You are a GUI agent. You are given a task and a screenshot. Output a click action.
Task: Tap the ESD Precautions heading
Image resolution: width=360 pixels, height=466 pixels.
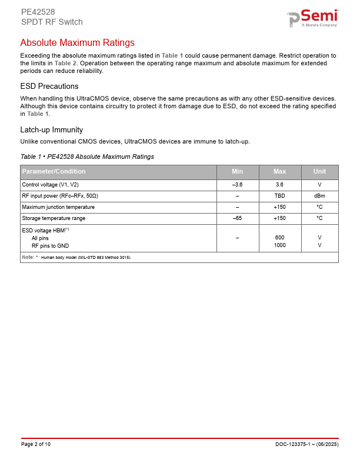[x=49, y=86]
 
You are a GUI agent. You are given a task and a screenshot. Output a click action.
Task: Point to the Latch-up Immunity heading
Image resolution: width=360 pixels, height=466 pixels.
[x=51, y=129]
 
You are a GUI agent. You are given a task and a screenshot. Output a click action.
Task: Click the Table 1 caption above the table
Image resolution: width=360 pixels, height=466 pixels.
[x=87, y=157]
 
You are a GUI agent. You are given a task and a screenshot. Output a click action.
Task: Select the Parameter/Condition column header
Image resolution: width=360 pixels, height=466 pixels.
[x=54, y=172]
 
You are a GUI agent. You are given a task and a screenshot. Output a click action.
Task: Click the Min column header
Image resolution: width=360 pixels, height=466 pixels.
[x=238, y=172]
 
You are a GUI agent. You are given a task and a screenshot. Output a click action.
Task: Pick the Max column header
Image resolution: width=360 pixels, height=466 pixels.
[x=280, y=172]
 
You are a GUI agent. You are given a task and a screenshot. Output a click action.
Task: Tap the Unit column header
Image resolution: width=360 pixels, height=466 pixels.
[x=319, y=172]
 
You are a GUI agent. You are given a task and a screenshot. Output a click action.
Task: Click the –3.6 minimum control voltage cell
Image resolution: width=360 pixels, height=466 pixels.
[x=238, y=185]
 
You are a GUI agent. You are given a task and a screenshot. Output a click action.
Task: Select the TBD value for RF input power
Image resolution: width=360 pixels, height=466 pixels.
[x=280, y=196]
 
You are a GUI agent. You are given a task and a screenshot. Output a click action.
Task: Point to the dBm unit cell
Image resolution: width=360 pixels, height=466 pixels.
[x=319, y=196]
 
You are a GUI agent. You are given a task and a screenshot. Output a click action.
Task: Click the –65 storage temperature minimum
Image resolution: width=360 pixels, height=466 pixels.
[x=238, y=218]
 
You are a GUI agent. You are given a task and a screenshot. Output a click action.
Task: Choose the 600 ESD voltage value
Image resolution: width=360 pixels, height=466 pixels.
[x=280, y=238]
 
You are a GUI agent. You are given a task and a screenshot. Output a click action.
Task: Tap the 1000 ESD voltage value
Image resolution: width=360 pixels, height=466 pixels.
[x=280, y=245]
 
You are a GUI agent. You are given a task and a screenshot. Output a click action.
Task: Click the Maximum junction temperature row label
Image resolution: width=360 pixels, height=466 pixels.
[x=58, y=207]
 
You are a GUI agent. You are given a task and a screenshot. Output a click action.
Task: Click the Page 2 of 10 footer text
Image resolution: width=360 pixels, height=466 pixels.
[x=36, y=444]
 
